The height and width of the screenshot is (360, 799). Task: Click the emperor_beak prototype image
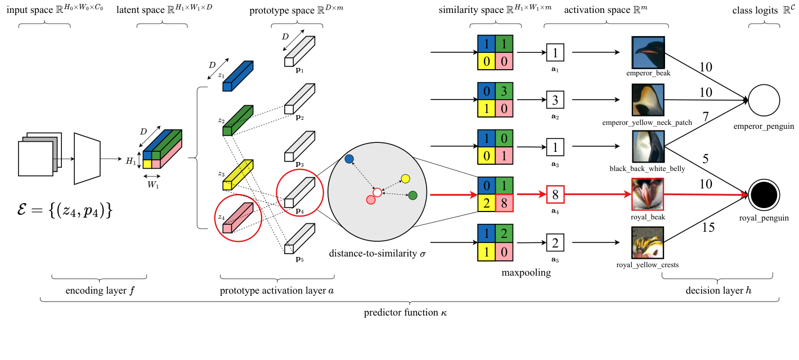[648, 53]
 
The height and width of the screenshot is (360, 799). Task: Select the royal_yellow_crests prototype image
[648, 242]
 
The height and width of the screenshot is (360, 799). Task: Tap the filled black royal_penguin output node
[764, 195]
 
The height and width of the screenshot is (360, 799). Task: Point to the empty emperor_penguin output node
[764, 100]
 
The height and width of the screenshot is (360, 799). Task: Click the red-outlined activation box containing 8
[555, 195]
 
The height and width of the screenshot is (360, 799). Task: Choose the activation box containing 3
[555, 101]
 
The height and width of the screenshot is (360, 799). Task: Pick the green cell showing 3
[504, 92]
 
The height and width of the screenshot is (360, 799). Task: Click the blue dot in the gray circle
[349, 159]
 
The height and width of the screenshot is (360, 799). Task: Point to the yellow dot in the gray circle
[405, 179]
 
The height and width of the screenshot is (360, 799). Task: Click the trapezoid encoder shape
[87, 159]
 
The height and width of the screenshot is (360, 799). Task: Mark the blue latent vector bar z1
[238, 76]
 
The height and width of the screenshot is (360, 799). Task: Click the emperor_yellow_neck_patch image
[648, 101]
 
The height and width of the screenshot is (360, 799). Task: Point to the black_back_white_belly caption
[647, 169]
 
